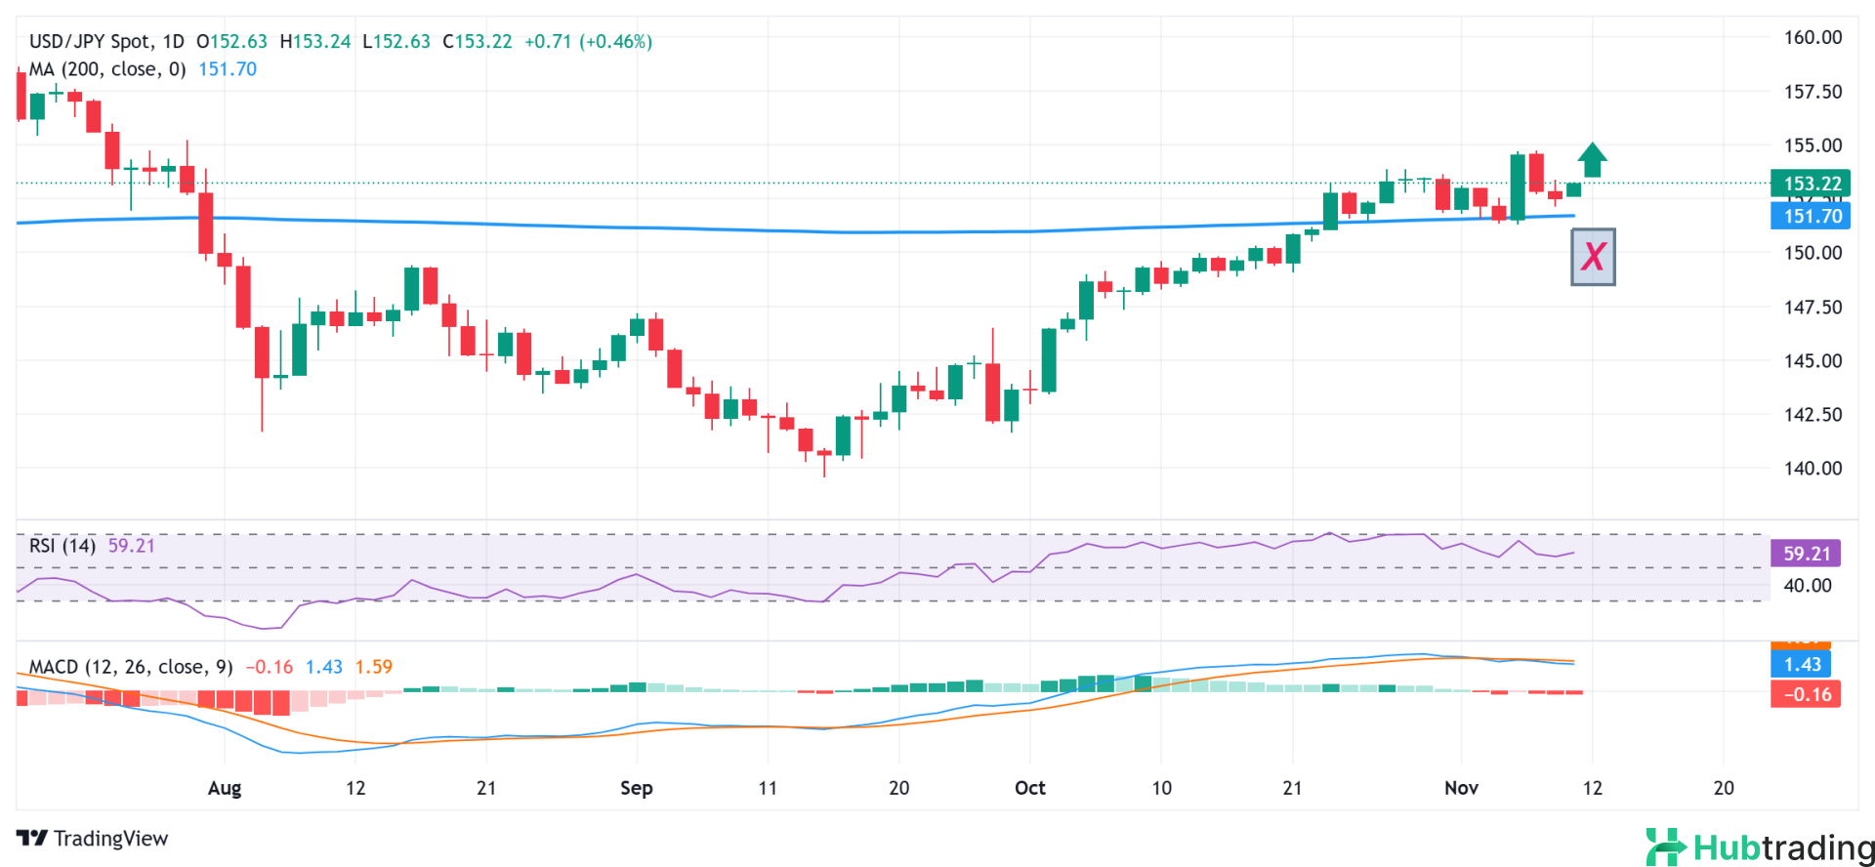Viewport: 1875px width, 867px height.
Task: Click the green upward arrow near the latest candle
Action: coord(1593,160)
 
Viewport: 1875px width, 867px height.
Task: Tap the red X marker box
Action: coord(1593,257)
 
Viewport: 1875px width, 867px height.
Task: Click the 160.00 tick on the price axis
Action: coord(1812,38)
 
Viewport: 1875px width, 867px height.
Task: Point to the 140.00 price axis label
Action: coord(1812,469)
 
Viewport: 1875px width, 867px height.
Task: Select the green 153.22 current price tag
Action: coord(1811,184)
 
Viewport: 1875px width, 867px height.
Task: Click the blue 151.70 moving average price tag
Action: coord(1811,216)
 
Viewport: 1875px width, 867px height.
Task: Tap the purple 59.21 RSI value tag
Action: coord(1806,554)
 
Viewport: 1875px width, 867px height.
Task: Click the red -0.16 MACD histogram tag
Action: coord(1806,694)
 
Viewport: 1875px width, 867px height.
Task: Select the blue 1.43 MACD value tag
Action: coord(1802,665)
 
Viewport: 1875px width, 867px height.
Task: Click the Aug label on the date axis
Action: coord(225,788)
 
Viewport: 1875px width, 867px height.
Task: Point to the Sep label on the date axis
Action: coord(637,788)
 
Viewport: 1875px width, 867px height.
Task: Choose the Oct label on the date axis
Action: coord(1030,788)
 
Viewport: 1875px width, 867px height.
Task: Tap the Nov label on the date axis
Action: coord(1461,788)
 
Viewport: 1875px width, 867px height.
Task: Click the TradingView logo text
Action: coord(93,839)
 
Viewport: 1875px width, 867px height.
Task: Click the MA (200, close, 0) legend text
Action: coord(107,69)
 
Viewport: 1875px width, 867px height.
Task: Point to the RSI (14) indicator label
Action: coord(62,546)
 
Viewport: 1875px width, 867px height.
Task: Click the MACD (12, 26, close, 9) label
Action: coord(131,667)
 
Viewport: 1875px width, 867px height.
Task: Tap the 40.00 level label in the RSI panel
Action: coord(1808,586)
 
